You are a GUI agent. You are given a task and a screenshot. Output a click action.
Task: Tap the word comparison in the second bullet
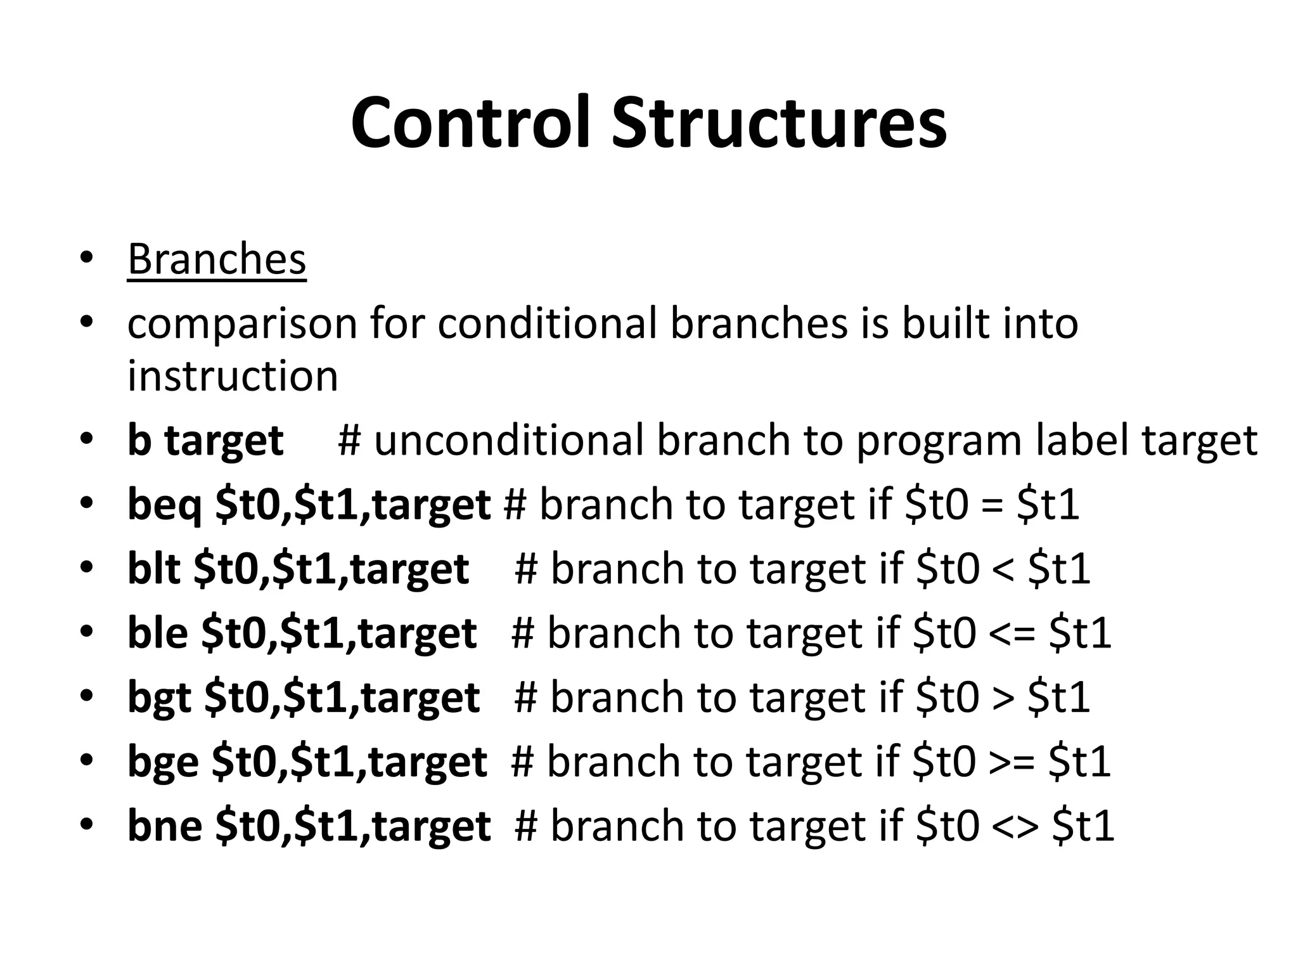[241, 325]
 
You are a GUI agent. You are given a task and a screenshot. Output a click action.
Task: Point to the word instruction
[233, 375]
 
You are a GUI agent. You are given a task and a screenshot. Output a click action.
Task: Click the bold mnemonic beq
[164, 505]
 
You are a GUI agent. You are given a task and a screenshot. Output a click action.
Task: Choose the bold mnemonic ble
[157, 633]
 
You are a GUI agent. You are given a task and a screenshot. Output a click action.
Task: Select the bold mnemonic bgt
[159, 698]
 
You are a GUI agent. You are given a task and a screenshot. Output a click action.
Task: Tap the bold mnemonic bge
[162, 762]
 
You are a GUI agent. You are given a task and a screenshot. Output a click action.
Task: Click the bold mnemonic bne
[164, 826]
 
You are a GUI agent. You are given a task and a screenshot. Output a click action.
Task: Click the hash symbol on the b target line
[349, 440]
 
